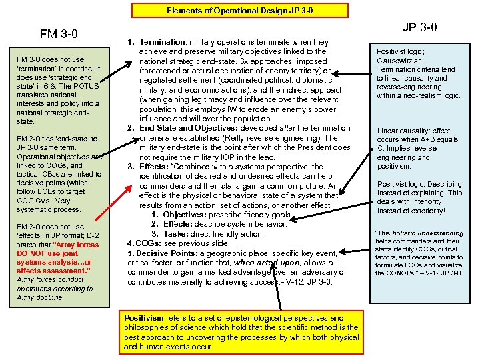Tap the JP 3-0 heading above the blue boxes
[419, 27]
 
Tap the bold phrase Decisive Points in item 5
[169, 253]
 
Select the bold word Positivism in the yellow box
[145, 318]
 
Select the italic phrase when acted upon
[257, 263]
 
